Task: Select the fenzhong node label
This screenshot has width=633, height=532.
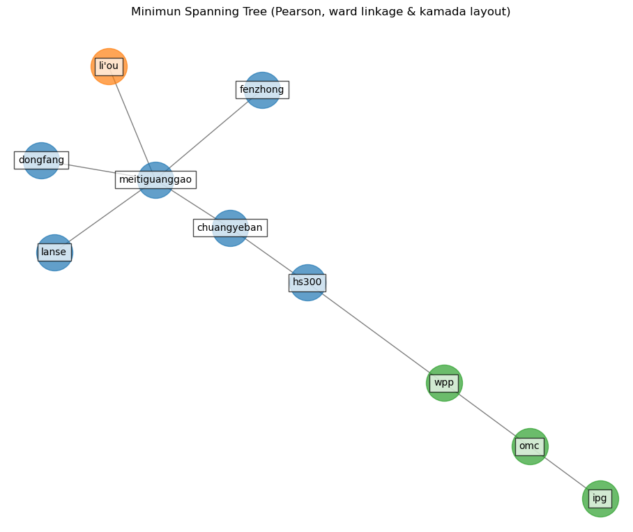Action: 262,89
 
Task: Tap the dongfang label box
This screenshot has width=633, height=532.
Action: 41,160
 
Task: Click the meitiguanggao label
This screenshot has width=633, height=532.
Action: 155,179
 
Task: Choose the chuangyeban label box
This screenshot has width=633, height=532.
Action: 230,227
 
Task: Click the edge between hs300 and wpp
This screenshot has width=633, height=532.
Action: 376,333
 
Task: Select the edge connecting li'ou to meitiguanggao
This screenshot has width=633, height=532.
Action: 131,120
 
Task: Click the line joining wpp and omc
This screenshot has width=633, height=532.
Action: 487,415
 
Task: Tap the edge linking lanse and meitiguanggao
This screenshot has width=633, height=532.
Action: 105,216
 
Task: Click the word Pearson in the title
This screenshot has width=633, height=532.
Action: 311,12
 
